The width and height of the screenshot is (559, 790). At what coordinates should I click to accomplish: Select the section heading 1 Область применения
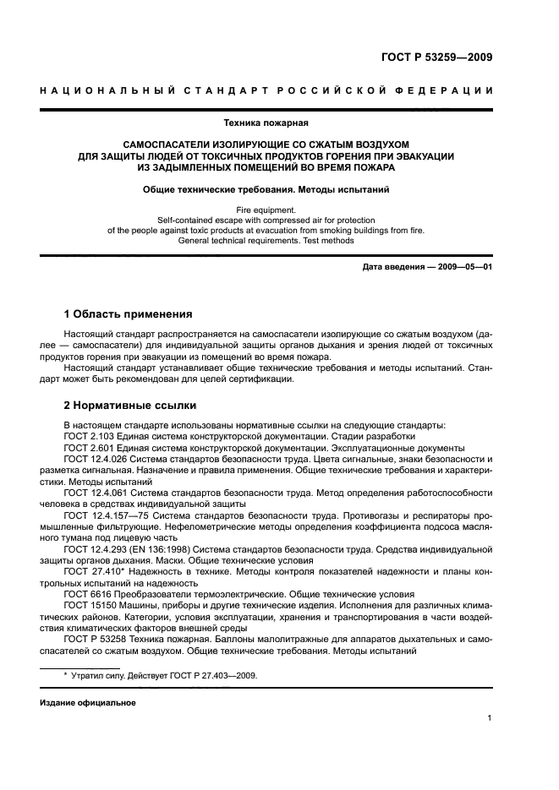(x=129, y=313)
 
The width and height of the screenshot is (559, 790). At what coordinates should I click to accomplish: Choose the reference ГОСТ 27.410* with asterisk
(x=93, y=571)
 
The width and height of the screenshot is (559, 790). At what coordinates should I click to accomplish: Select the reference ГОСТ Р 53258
(x=94, y=639)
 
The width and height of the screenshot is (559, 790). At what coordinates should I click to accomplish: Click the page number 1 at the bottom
(x=490, y=718)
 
